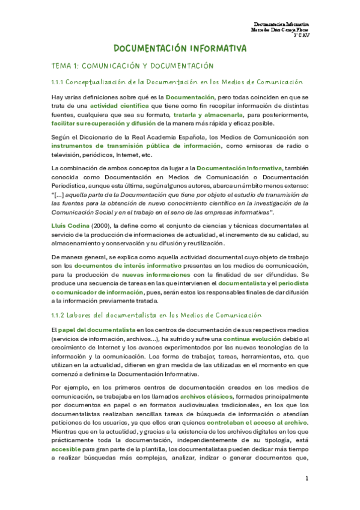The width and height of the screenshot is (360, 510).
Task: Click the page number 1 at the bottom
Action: coord(307,478)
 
